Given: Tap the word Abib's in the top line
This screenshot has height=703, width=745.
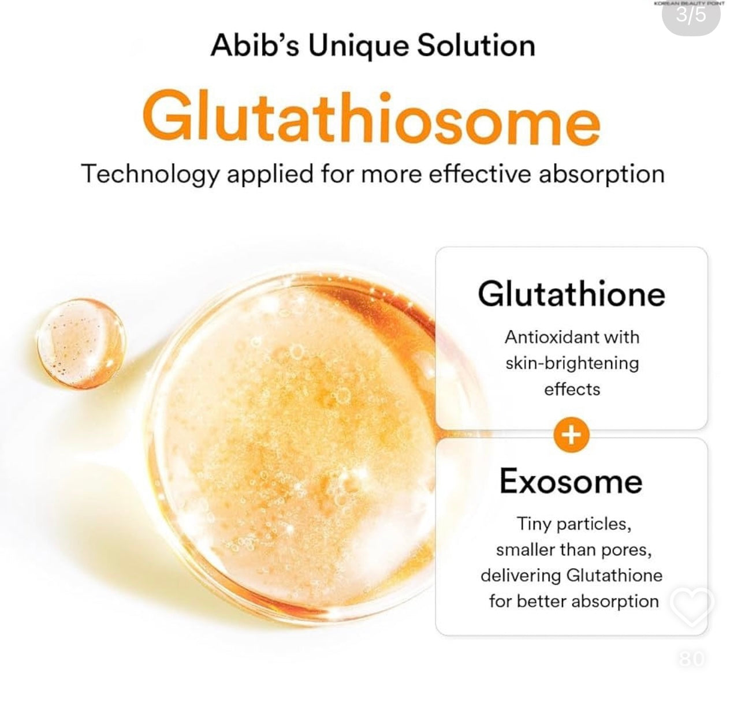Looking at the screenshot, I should pos(255,46).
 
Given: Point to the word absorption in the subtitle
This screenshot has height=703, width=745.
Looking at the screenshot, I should pos(601,174).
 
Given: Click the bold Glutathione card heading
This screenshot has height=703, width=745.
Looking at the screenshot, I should pos(571,294).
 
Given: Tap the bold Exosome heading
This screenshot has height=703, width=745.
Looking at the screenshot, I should pos(571,481).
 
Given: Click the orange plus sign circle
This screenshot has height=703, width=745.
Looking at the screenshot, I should pos(571,435).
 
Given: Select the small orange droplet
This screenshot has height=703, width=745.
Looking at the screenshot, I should pos(81,343).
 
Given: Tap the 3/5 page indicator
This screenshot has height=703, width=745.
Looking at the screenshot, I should pos(691,15).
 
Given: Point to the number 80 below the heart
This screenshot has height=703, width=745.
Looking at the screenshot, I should pos(691,658).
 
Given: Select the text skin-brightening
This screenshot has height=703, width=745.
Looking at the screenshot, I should pos(572,363).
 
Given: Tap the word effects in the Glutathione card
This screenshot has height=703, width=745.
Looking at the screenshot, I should pos(572,389).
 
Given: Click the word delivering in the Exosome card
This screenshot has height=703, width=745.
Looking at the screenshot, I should pos(520,575).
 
